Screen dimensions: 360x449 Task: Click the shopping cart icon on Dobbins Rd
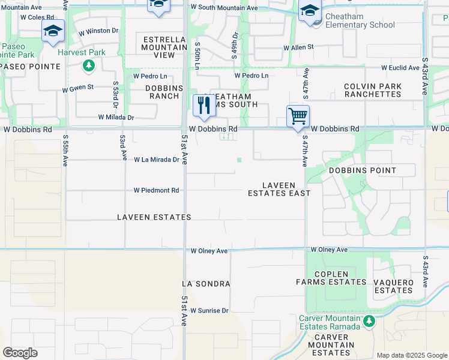298,116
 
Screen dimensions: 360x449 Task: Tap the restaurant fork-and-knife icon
204,105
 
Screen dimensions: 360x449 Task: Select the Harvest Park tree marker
89,65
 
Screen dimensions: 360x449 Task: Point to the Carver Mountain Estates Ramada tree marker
370,322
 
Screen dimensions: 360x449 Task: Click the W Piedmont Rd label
156,190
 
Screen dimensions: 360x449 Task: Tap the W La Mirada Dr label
156,160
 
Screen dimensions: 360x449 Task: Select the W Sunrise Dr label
209,310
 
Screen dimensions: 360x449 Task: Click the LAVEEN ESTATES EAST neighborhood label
279,189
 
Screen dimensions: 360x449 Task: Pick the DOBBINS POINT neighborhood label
363,170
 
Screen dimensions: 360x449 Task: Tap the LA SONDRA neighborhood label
206,283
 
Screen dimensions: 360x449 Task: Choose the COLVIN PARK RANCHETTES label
373,91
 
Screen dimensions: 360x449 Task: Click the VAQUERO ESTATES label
394,286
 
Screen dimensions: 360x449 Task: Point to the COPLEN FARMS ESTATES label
331,278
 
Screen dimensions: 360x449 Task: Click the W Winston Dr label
95,31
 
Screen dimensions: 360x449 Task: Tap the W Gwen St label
78,87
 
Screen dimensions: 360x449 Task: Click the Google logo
20,353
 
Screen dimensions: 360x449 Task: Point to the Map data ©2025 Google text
411,355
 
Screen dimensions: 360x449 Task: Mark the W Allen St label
298,47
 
